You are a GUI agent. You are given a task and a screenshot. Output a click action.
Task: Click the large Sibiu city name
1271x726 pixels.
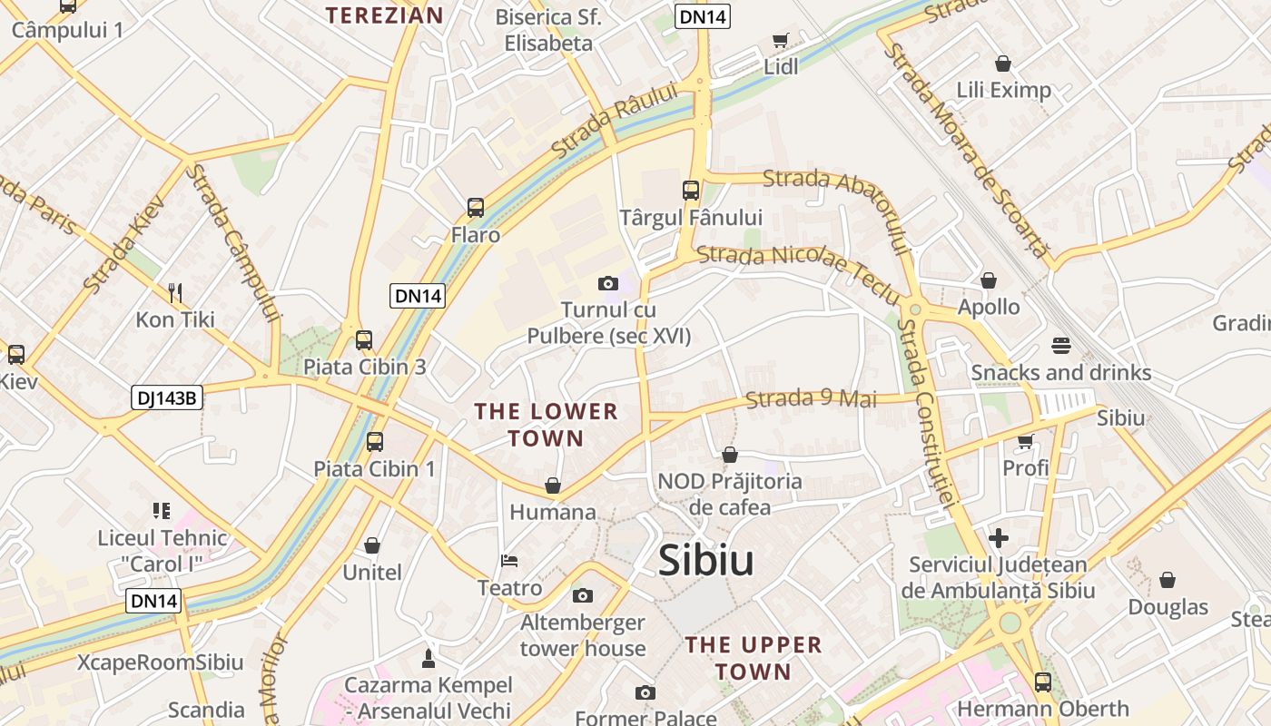tap(705, 560)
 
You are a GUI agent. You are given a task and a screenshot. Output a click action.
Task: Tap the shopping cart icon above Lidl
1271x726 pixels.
tap(780, 40)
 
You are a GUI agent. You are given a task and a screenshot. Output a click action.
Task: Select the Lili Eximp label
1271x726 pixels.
tap(1003, 90)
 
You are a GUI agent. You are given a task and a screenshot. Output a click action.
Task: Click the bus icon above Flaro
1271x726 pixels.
tap(476, 208)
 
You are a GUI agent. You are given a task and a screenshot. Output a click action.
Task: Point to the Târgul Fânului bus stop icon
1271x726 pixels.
tap(691, 191)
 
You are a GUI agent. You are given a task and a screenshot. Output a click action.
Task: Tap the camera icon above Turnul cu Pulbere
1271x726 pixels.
tap(608, 284)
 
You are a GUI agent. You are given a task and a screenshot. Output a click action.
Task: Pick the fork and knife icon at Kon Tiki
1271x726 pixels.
tap(175, 292)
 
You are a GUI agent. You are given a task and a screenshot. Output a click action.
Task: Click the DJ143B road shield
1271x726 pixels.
tap(166, 397)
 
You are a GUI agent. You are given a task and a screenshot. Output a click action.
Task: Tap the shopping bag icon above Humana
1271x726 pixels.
tap(553, 486)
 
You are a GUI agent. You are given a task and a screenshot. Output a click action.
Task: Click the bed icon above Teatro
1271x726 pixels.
tap(509, 562)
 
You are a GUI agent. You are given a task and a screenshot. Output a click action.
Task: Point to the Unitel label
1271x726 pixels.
tap(372, 573)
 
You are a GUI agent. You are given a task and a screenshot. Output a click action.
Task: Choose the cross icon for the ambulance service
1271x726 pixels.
tap(999, 538)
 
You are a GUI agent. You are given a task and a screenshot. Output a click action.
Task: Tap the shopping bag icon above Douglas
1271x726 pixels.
tap(1168, 580)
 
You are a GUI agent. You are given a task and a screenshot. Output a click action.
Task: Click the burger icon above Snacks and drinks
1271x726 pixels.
tap(1060, 345)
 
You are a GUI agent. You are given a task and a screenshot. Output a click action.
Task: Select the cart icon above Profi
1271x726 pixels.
tap(1026, 442)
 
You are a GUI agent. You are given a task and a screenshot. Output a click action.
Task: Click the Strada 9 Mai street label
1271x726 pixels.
tap(811, 398)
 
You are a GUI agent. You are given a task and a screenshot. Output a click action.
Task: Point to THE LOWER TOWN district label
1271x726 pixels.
tap(546, 425)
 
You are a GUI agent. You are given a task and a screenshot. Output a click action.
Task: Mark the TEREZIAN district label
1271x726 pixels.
tap(384, 15)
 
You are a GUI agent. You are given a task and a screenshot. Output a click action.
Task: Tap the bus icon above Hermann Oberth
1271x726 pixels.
tap(1043, 682)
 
